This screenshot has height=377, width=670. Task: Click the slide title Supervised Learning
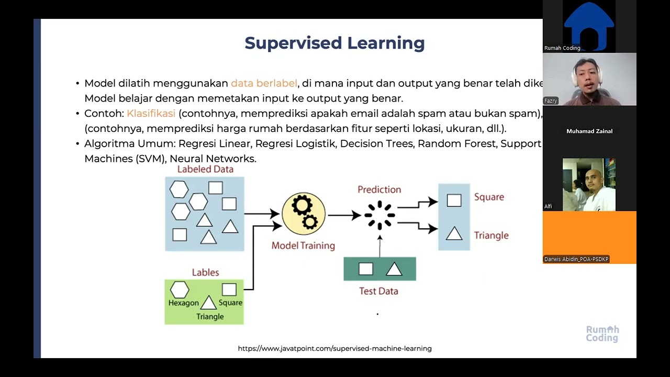[x=334, y=43]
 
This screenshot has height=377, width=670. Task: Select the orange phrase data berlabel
[x=264, y=83]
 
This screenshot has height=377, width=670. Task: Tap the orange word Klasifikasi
[x=151, y=114]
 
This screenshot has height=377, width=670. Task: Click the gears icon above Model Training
[x=304, y=213]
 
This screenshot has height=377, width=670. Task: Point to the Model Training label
[x=303, y=246]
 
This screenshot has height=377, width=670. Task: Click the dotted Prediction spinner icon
[x=379, y=215]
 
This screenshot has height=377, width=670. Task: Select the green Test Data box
[x=379, y=269]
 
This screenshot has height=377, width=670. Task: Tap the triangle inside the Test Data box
[x=394, y=270]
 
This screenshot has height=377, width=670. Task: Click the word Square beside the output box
[x=489, y=197]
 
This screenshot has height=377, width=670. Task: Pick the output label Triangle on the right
[x=491, y=236]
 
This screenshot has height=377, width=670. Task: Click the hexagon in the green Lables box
[x=180, y=290]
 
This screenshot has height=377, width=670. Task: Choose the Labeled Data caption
[x=205, y=169]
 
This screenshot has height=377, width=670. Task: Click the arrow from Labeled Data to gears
[x=262, y=213]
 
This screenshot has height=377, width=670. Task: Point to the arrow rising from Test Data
[x=380, y=246]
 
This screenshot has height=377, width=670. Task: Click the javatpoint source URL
[x=334, y=348]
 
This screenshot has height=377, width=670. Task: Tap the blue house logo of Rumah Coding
[x=589, y=24]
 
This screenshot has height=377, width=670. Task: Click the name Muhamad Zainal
[x=589, y=131]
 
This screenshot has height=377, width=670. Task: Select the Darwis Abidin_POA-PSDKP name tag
[x=576, y=259]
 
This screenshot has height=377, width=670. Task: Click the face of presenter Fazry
[x=586, y=76]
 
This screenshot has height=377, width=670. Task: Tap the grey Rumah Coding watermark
[x=602, y=334]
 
